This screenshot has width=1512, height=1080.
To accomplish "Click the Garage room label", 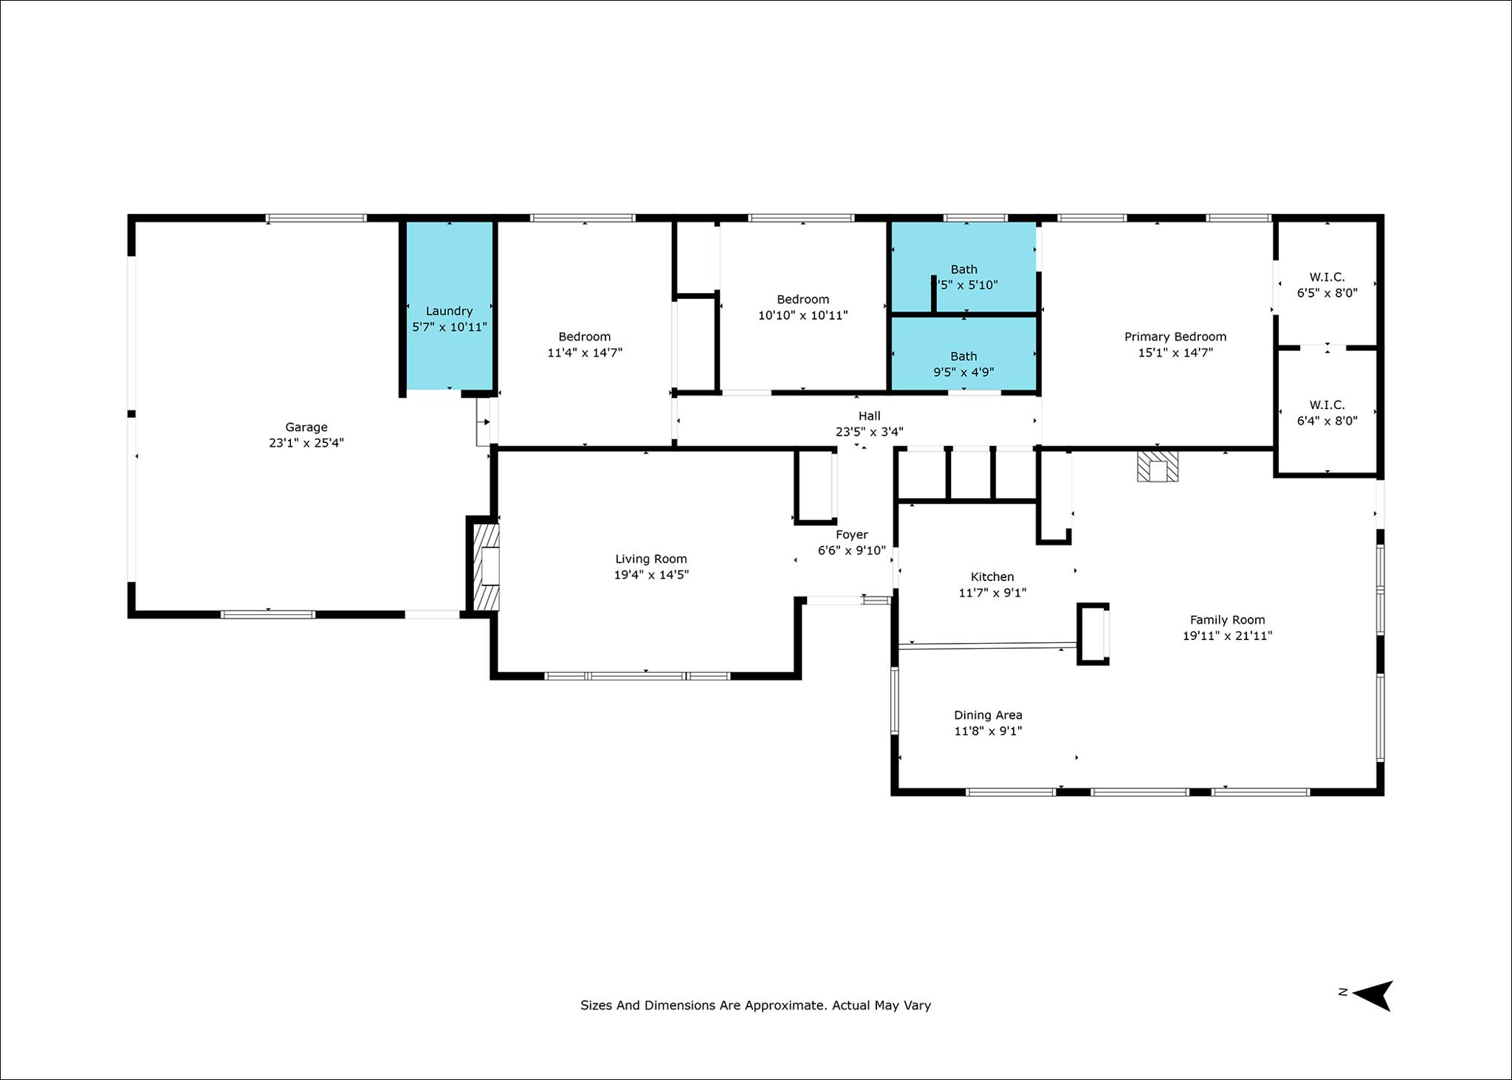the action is pyautogui.click(x=306, y=427).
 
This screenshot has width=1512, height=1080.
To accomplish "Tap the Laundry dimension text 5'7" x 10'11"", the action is pyautogui.click(x=450, y=327).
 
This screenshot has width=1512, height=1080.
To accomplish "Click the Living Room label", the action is pyautogui.click(x=651, y=560).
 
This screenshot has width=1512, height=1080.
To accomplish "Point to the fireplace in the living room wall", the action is pyautogui.click(x=484, y=565).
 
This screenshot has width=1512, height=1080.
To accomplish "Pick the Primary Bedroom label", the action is pyautogui.click(x=1175, y=337).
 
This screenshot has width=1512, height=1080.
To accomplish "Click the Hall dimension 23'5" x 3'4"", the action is pyautogui.click(x=870, y=432).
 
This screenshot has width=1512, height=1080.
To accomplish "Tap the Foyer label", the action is pyautogui.click(x=852, y=535).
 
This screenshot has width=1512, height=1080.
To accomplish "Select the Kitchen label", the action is pyautogui.click(x=992, y=577).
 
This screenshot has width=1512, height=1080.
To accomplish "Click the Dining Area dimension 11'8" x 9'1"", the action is pyautogui.click(x=988, y=732).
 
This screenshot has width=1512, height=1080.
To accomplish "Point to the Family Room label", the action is pyautogui.click(x=1227, y=620).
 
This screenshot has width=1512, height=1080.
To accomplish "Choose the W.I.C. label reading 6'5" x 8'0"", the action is pyautogui.click(x=1327, y=285).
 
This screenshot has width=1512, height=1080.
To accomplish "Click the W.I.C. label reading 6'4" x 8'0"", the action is pyautogui.click(x=1327, y=413).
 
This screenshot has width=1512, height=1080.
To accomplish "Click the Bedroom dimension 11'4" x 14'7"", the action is pyautogui.click(x=585, y=353).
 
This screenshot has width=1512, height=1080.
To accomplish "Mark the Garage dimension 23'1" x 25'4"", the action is pyautogui.click(x=306, y=444).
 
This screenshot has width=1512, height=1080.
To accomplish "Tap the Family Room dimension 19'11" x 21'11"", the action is pyautogui.click(x=1227, y=636).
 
